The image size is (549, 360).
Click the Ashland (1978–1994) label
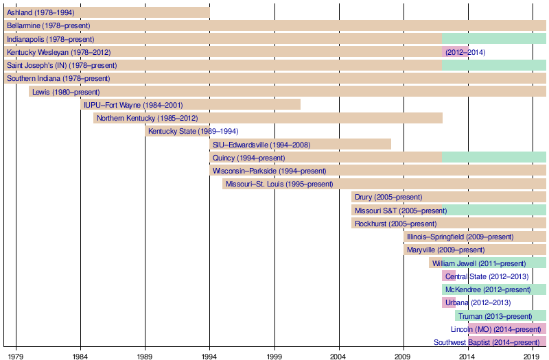40,12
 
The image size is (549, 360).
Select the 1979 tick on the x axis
16,356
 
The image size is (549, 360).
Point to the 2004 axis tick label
339,356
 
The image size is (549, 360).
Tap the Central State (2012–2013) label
487,276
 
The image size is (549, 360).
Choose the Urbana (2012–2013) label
478,302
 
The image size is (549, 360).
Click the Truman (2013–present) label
495,316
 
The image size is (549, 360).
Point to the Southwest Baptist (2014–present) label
486,342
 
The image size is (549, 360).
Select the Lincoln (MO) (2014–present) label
491,329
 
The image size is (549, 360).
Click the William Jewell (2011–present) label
479,263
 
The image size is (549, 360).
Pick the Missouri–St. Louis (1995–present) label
279,184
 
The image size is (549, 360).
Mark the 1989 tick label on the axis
145,356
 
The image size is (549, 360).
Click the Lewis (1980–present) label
66,92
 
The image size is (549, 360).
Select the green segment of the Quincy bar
494,158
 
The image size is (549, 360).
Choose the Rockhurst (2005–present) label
395,224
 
